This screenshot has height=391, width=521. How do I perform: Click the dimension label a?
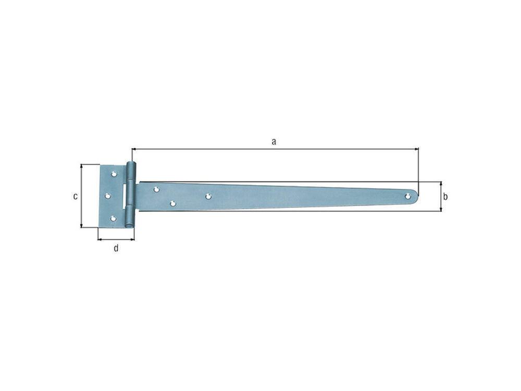274,142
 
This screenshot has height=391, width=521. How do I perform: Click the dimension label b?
445,197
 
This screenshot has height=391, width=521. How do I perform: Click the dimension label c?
76,196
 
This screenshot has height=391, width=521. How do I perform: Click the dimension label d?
116,248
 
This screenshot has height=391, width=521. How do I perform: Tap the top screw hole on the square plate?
114,174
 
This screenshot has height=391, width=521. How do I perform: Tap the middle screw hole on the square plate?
108,196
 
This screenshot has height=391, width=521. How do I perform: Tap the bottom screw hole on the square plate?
113,218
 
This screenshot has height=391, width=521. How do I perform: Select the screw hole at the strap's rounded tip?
408,196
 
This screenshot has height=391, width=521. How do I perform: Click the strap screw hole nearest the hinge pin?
156,190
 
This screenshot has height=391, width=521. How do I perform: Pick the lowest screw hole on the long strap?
173,203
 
